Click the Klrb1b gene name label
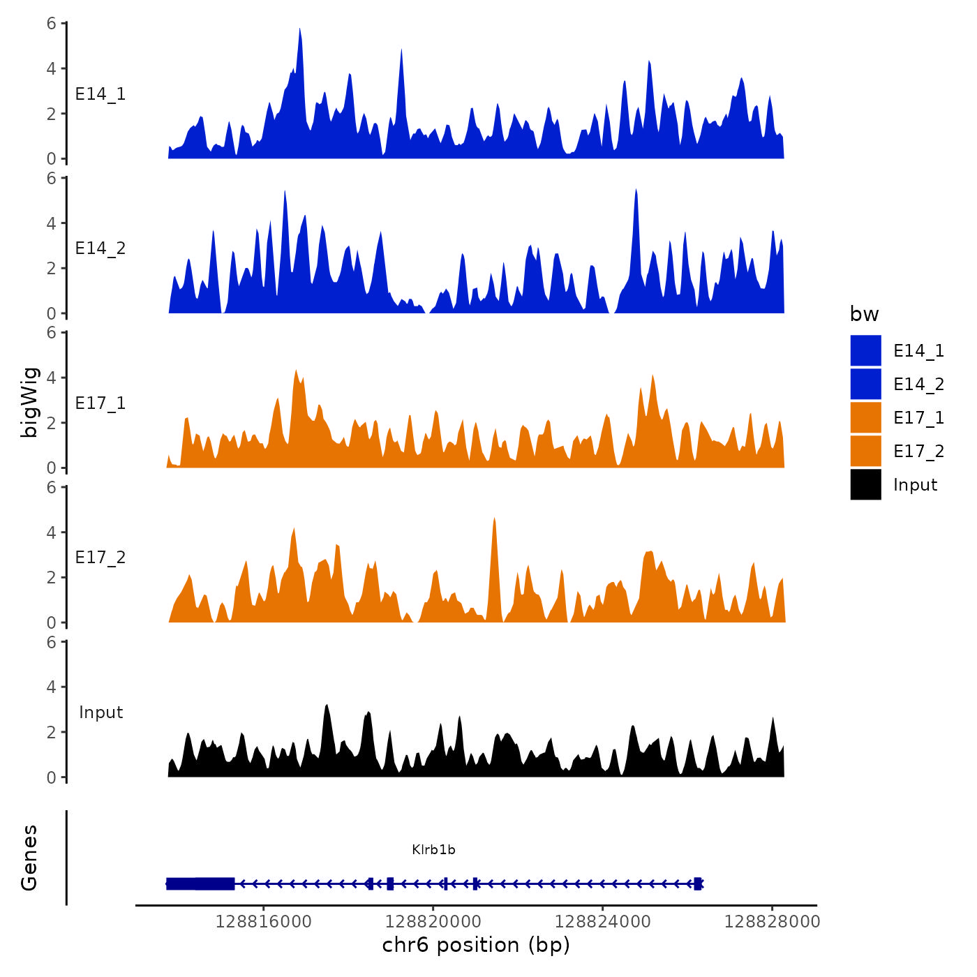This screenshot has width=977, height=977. [433, 849]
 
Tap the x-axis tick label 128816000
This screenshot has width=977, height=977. [263, 922]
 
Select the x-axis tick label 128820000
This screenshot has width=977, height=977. [433, 922]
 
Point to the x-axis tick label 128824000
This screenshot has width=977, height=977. [602, 922]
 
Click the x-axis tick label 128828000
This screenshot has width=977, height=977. [772, 922]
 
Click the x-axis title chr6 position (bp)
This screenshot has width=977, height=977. [476, 945]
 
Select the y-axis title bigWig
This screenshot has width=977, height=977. [29, 402]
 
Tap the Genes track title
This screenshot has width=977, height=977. [29, 858]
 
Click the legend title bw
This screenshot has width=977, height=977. [864, 314]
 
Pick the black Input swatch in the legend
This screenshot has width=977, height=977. [865, 484]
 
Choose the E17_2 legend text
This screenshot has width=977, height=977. [918, 452]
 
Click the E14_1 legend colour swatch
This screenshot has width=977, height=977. [865, 350]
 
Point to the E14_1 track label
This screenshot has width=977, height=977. [100, 94]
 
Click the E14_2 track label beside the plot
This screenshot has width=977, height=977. [100, 248]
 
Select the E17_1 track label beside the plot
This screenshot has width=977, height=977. [100, 403]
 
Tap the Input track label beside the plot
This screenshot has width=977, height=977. [100, 713]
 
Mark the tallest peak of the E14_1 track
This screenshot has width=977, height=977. [299, 29]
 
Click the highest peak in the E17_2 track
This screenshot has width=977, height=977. [494, 519]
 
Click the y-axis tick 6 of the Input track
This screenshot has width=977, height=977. [52, 642]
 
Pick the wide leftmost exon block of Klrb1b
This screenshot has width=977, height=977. [200, 883]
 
